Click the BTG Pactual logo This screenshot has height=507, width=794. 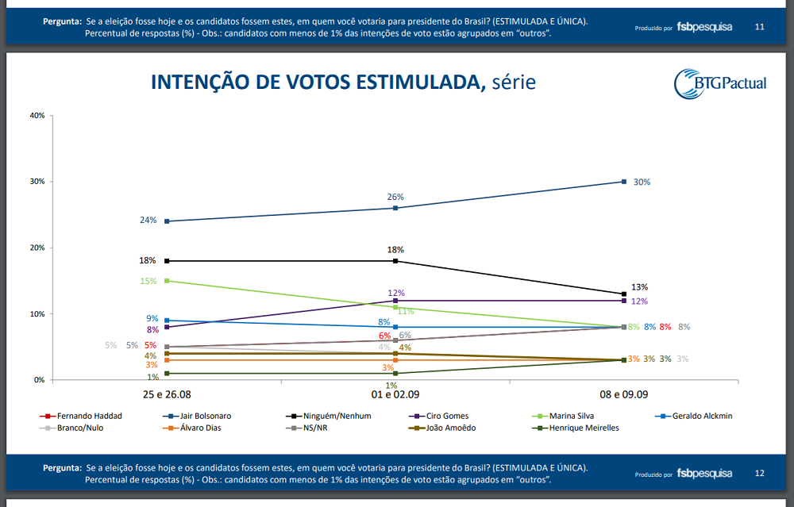click(719, 83)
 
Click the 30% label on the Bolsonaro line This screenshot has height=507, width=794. click(642, 182)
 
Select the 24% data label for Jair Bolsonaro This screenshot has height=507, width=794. click(148, 221)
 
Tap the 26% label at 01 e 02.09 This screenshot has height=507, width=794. click(395, 197)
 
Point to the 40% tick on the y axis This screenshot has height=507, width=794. click(37, 116)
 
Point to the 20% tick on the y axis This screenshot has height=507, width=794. click(37, 248)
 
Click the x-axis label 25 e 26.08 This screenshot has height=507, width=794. click(167, 394)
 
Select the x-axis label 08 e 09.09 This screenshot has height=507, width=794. click(624, 394)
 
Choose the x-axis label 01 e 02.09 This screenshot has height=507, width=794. click(395, 394)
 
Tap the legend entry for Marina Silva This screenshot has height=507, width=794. click(568, 416)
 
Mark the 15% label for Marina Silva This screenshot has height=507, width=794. click(148, 281)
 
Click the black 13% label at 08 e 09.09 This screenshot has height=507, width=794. click(639, 287)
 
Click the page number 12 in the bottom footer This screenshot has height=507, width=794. click(759, 474)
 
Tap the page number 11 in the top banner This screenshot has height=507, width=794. click(759, 27)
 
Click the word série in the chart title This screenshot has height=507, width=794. click(514, 83)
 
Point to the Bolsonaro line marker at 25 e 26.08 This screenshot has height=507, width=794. click(167, 221)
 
